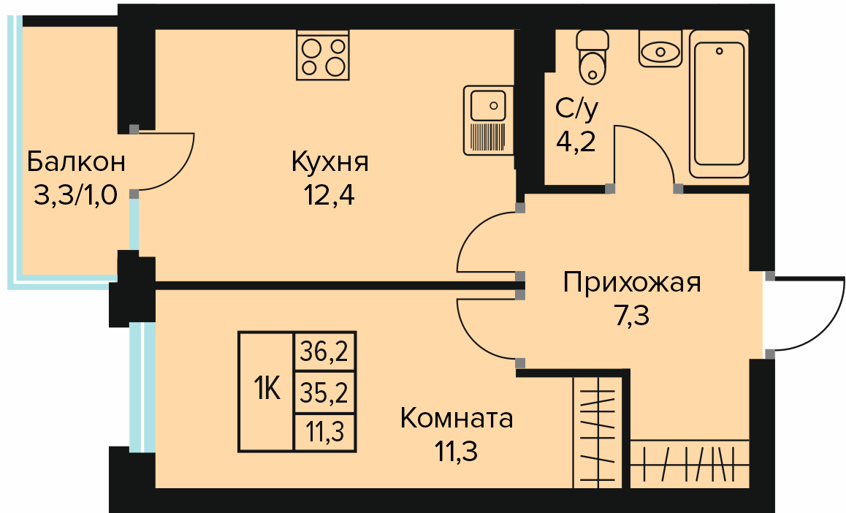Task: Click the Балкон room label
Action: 76,161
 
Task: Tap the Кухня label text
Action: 329,161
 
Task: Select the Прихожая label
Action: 632,282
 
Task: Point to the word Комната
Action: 457,419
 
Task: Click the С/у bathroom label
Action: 576,108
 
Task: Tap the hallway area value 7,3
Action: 632,316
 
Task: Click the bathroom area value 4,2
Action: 576,142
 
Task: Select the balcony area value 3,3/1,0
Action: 75,194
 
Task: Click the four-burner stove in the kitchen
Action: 323,56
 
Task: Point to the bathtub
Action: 719,104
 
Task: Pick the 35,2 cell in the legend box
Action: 324,393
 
